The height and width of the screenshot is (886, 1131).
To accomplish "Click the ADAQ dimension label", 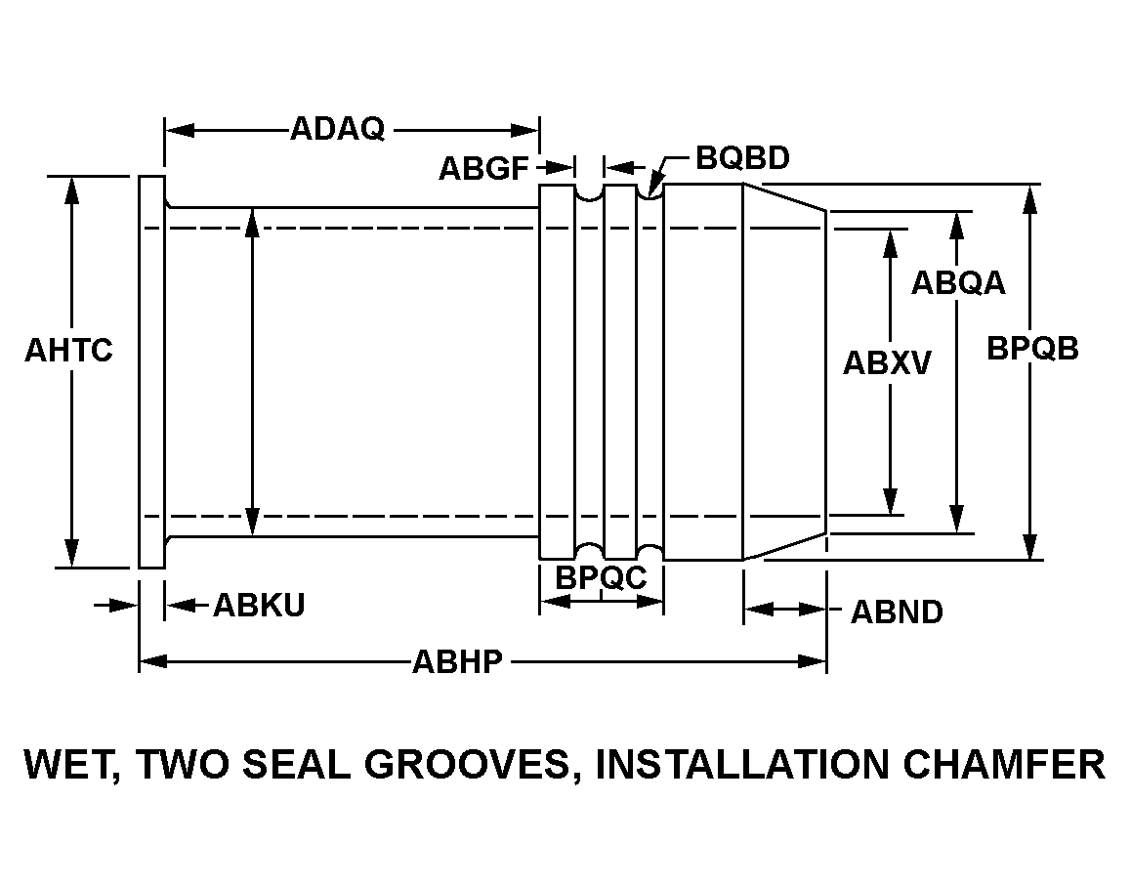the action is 338,129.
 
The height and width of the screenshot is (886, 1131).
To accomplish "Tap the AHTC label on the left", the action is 68,351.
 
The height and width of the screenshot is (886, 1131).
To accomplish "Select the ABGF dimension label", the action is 484,169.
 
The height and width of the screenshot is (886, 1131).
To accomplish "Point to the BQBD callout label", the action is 742,158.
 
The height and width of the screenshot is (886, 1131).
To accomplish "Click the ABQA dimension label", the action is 958,283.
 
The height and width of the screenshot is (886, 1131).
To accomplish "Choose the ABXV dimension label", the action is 887,363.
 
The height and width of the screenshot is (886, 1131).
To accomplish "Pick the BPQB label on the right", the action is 1033,349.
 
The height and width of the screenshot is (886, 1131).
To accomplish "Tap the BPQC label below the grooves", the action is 601,577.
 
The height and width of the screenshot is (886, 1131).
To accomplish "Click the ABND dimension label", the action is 897,612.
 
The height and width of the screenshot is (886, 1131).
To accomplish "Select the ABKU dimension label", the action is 259,605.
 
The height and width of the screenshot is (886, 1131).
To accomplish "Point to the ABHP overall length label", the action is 457,661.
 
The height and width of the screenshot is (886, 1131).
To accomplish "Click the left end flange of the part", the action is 152,371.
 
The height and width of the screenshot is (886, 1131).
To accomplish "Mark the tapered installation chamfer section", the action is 785,371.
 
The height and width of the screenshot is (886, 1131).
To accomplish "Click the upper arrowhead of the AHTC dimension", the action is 71,190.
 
